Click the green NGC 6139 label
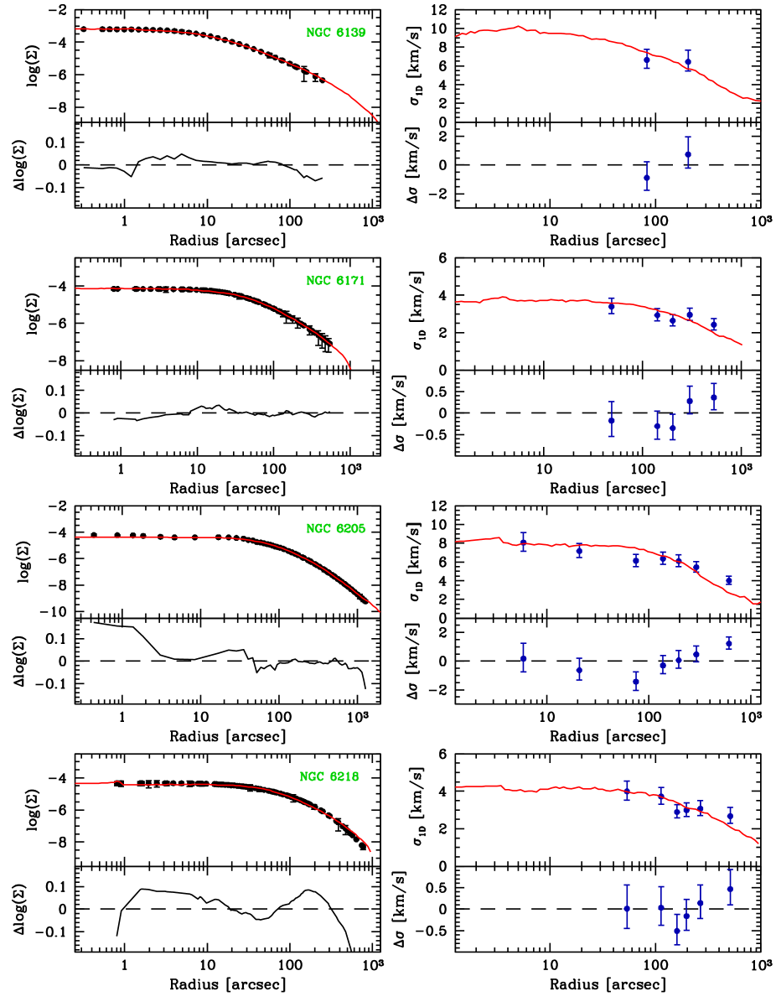tap(335, 33)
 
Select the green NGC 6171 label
tap(335, 281)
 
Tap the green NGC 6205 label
tap(335, 529)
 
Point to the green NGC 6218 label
tap(329, 777)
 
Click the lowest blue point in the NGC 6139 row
tap(647, 177)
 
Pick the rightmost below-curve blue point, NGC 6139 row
tap(688, 153)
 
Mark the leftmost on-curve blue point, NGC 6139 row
tap(647, 60)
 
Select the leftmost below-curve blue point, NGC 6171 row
tap(612, 420)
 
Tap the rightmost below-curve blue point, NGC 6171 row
tap(714, 397)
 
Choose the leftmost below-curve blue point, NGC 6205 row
tap(524, 658)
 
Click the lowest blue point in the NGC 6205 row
tap(636, 682)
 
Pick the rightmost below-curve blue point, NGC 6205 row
tap(729, 642)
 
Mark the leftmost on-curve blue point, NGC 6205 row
tap(524, 542)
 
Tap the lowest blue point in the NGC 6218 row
tap(677, 930)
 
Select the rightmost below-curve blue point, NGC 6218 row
tap(730, 888)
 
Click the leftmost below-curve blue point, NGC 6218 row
tap(627, 908)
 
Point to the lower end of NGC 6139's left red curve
tap(377, 121)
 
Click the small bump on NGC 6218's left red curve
tap(117, 781)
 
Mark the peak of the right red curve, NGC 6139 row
tap(518, 27)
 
